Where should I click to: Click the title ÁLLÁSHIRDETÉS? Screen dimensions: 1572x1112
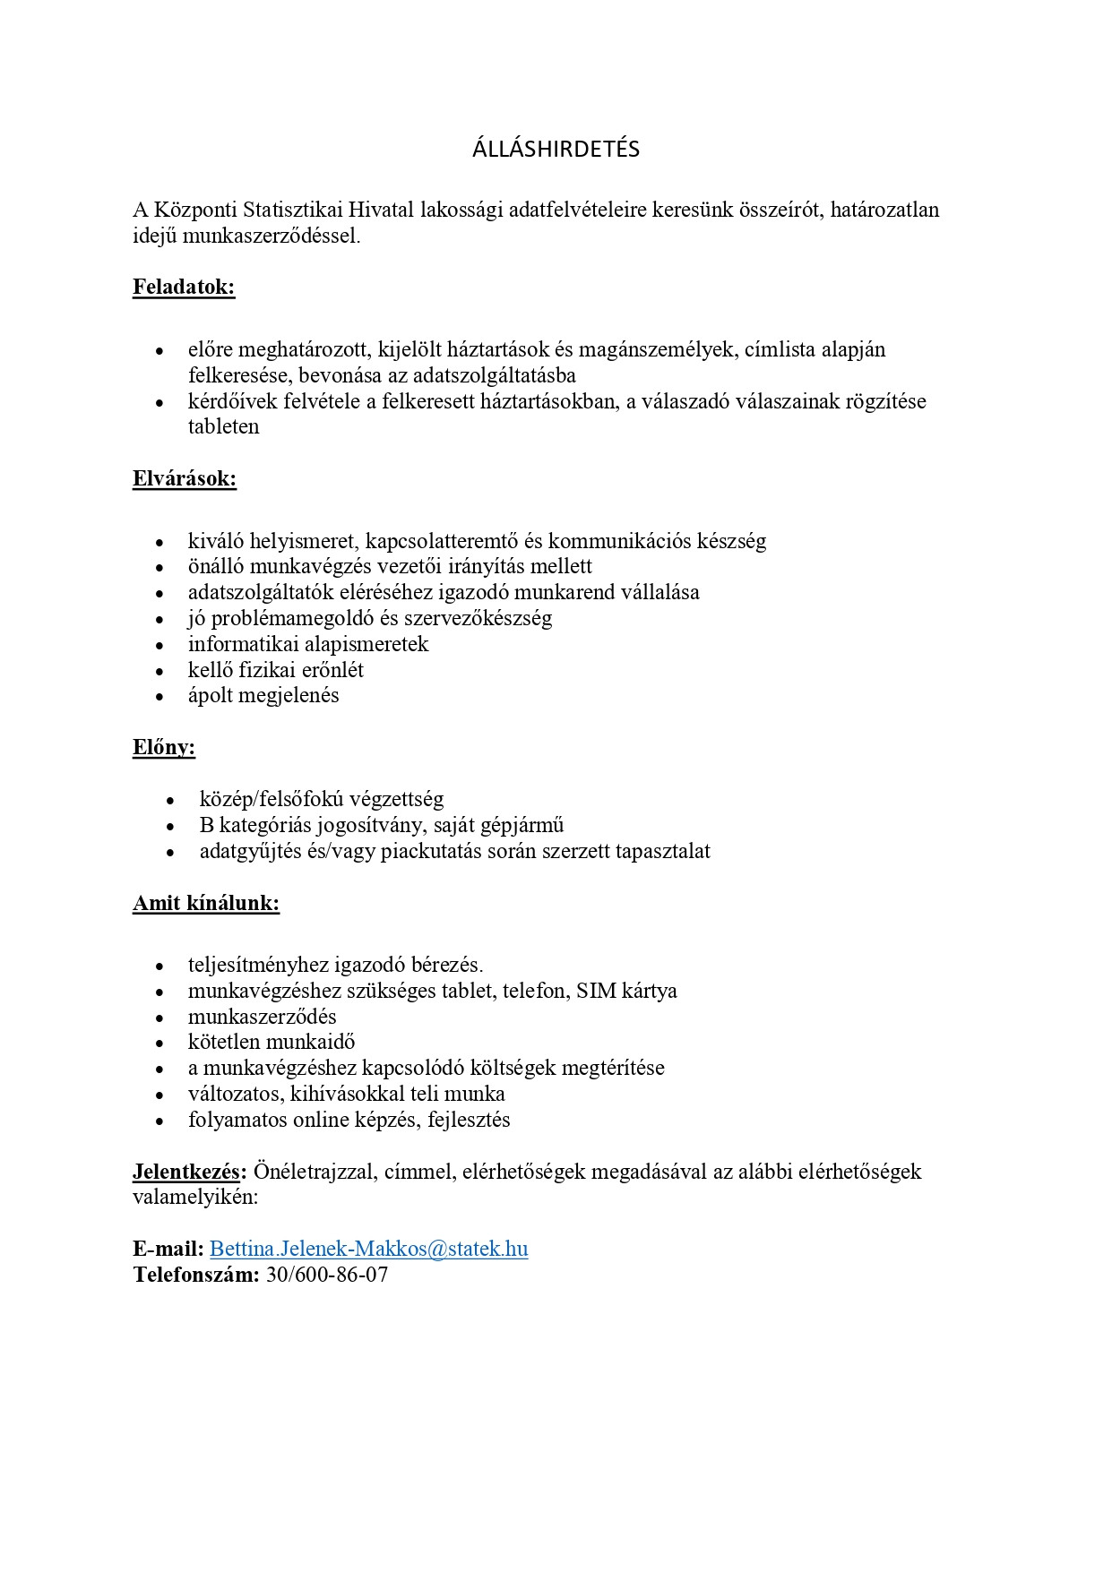[x=556, y=149]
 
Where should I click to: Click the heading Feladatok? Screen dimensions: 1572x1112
[x=184, y=287]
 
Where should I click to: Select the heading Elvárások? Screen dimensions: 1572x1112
[x=185, y=478]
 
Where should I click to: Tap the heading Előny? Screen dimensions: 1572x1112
[x=164, y=747]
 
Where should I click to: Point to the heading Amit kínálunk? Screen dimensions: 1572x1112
[x=206, y=903]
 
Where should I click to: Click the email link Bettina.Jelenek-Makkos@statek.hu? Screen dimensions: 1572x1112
[x=368, y=1249]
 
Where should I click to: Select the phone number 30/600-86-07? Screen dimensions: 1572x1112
[x=327, y=1275]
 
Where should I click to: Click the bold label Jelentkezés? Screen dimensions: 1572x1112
[x=189, y=1171]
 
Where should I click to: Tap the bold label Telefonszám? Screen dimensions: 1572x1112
[x=196, y=1275]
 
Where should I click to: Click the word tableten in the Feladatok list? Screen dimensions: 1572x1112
[x=223, y=426]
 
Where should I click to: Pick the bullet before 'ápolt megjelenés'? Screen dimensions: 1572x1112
[x=160, y=697]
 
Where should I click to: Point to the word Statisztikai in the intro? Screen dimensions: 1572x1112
[x=302, y=210]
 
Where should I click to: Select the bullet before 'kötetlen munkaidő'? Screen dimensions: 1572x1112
[x=160, y=1044]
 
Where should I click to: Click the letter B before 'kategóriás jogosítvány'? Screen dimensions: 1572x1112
[x=206, y=825]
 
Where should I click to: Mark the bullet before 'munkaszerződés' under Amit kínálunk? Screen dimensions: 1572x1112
[x=160, y=1018]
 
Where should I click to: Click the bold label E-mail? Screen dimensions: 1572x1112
[x=168, y=1249]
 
